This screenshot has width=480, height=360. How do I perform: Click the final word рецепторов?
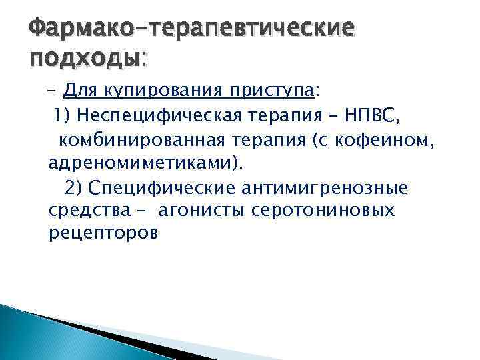103,235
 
